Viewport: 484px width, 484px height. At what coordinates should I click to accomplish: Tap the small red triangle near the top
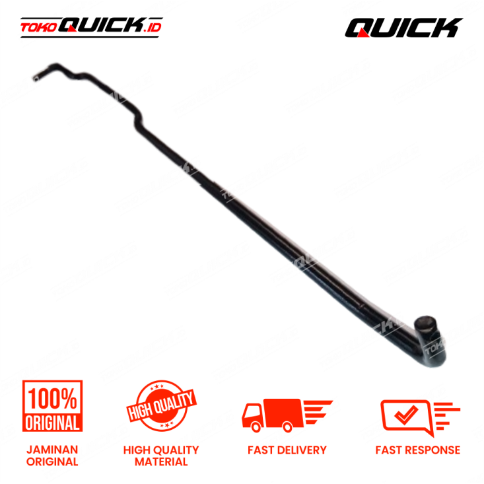click(362, 32)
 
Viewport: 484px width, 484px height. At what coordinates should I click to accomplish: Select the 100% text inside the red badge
click(52, 398)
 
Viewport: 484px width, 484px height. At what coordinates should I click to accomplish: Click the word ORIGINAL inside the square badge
click(52, 422)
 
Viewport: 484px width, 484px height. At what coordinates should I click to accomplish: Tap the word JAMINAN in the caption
click(52, 450)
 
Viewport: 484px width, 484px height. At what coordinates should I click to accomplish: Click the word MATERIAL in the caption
click(161, 462)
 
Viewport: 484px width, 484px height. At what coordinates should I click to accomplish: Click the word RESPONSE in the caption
click(432, 450)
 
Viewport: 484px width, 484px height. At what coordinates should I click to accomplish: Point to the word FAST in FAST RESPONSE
click(389, 450)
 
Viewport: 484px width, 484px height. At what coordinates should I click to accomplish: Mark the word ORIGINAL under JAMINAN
click(52, 462)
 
